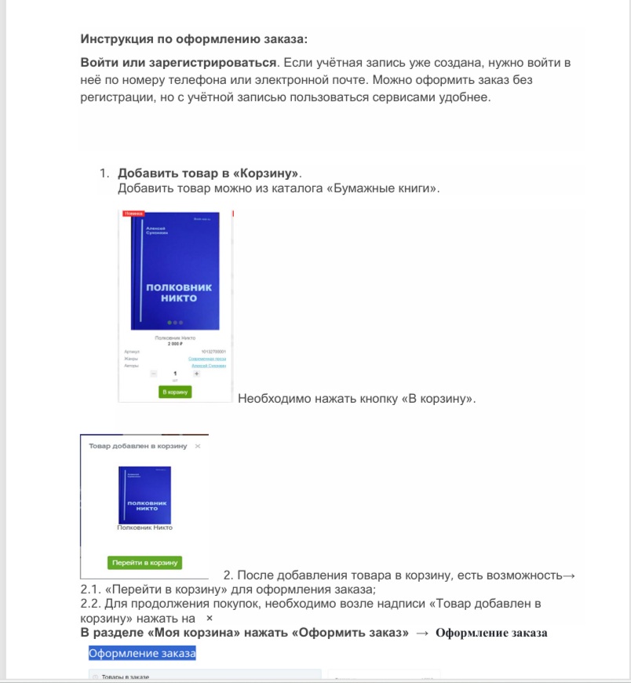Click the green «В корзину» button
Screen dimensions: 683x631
point(175,391)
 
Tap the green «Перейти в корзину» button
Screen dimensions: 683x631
point(144,562)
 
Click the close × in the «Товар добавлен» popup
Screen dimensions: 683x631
point(198,446)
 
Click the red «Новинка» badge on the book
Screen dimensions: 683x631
point(134,213)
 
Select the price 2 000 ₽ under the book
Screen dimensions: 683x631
point(175,344)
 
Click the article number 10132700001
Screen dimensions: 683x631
point(213,351)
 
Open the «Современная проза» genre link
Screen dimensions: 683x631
point(207,358)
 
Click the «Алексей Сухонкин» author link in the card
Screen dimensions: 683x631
point(209,366)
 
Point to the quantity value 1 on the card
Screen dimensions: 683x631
point(175,374)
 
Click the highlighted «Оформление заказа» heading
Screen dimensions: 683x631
point(142,653)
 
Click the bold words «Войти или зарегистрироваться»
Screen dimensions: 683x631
point(177,61)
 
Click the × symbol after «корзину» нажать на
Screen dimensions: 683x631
point(209,619)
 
